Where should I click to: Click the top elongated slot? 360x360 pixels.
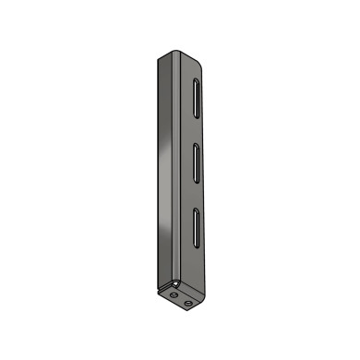coord(197,96)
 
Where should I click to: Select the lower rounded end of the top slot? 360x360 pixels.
coord(197,112)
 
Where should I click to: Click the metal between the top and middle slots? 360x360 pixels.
coord(197,128)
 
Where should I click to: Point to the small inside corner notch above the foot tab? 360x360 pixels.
coord(174,282)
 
